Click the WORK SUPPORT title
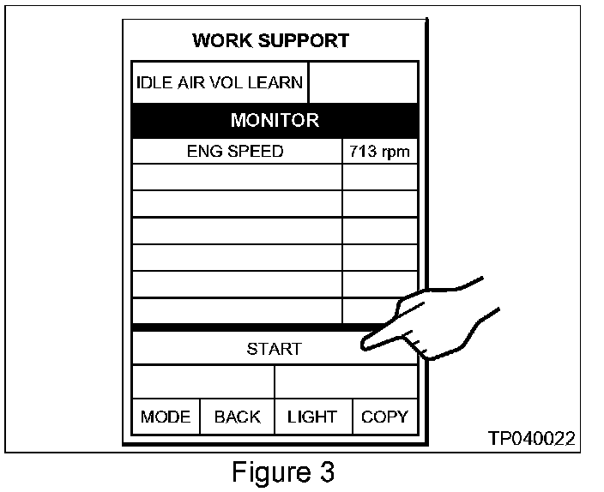pyautogui.click(x=270, y=40)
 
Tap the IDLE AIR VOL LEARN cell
pyautogui.click(x=220, y=83)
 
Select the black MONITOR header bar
pyautogui.click(x=275, y=120)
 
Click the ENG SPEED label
pyautogui.click(x=235, y=153)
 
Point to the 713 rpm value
pyautogui.click(x=379, y=153)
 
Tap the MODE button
pyautogui.click(x=166, y=417)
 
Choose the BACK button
pyautogui.click(x=237, y=417)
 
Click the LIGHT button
pyautogui.click(x=312, y=417)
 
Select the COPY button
pyautogui.click(x=384, y=417)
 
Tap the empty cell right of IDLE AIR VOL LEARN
pyautogui.click(x=363, y=83)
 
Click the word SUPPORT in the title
pyautogui.click(x=307, y=40)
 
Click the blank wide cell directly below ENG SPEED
pyautogui.click(x=237, y=177)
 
